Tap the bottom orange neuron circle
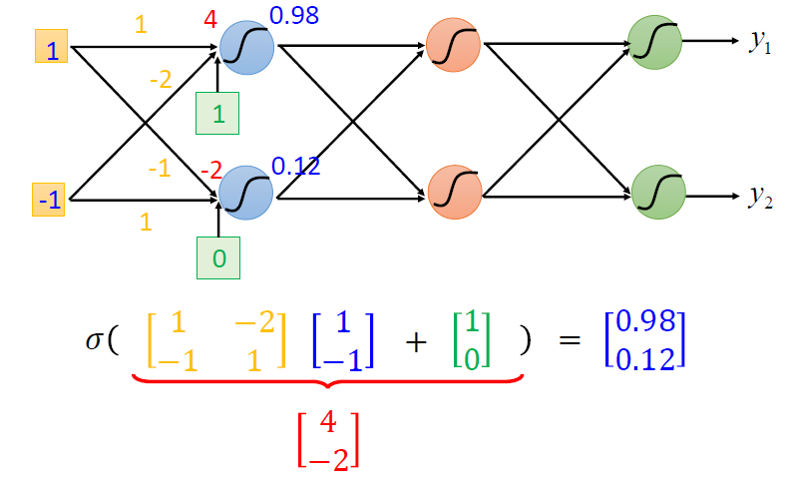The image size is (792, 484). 454,190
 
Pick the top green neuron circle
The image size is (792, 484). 655,42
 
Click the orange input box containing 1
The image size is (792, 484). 51,48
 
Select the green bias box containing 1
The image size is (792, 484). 219,113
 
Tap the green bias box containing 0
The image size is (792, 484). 219,259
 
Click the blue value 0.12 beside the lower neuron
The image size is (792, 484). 295,166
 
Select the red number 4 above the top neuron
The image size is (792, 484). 210,18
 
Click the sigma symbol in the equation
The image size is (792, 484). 95,340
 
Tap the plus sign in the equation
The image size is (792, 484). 415,341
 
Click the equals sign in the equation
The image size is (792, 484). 569,340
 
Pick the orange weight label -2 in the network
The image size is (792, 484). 160,79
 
